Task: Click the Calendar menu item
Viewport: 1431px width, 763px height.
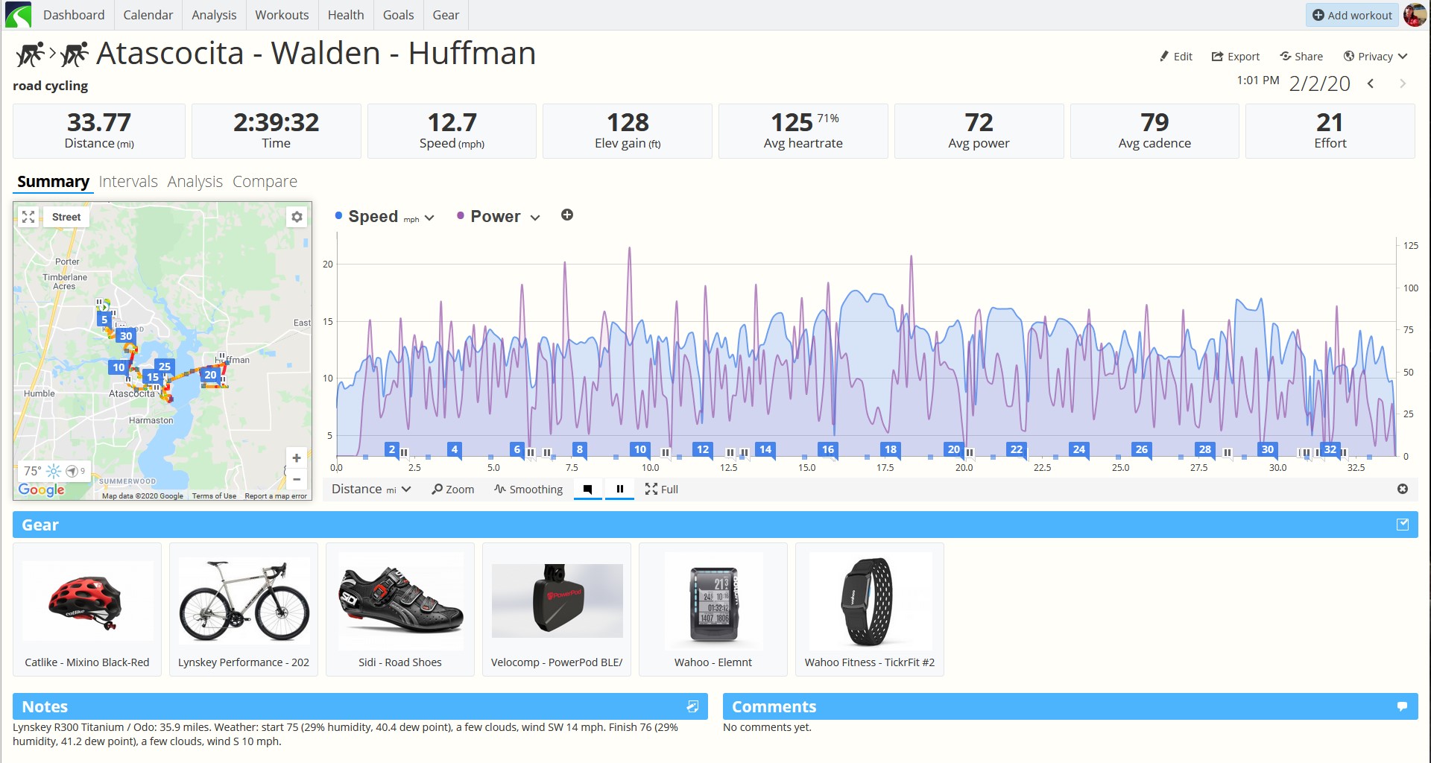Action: (x=148, y=15)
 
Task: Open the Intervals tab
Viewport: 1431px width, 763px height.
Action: (x=128, y=182)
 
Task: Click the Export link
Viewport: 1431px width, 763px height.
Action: (x=1236, y=57)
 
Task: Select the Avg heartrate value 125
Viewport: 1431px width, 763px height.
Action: (x=792, y=122)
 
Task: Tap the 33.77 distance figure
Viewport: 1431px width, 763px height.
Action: (x=99, y=122)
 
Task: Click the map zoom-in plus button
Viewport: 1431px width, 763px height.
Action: (x=297, y=458)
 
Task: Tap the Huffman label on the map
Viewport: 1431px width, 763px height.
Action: (x=233, y=360)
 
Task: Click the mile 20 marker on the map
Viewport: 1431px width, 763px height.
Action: (x=210, y=375)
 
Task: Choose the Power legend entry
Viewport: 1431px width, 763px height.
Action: (x=495, y=217)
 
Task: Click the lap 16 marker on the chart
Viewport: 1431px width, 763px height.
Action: (x=827, y=449)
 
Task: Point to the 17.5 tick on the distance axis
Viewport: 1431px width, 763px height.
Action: (x=885, y=468)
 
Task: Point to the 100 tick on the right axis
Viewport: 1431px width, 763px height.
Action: (x=1411, y=288)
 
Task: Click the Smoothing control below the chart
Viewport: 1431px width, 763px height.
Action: (x=528, y=490)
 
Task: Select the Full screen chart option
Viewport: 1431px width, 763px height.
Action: (x=662, y=490)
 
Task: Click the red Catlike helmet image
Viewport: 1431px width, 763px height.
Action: (x=85, y=601)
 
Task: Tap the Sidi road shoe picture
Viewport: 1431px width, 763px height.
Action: (x=401, y=601)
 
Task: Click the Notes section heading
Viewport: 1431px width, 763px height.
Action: (x=45, y=706)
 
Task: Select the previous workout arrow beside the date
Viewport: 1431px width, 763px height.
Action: (x=1371, y=83)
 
